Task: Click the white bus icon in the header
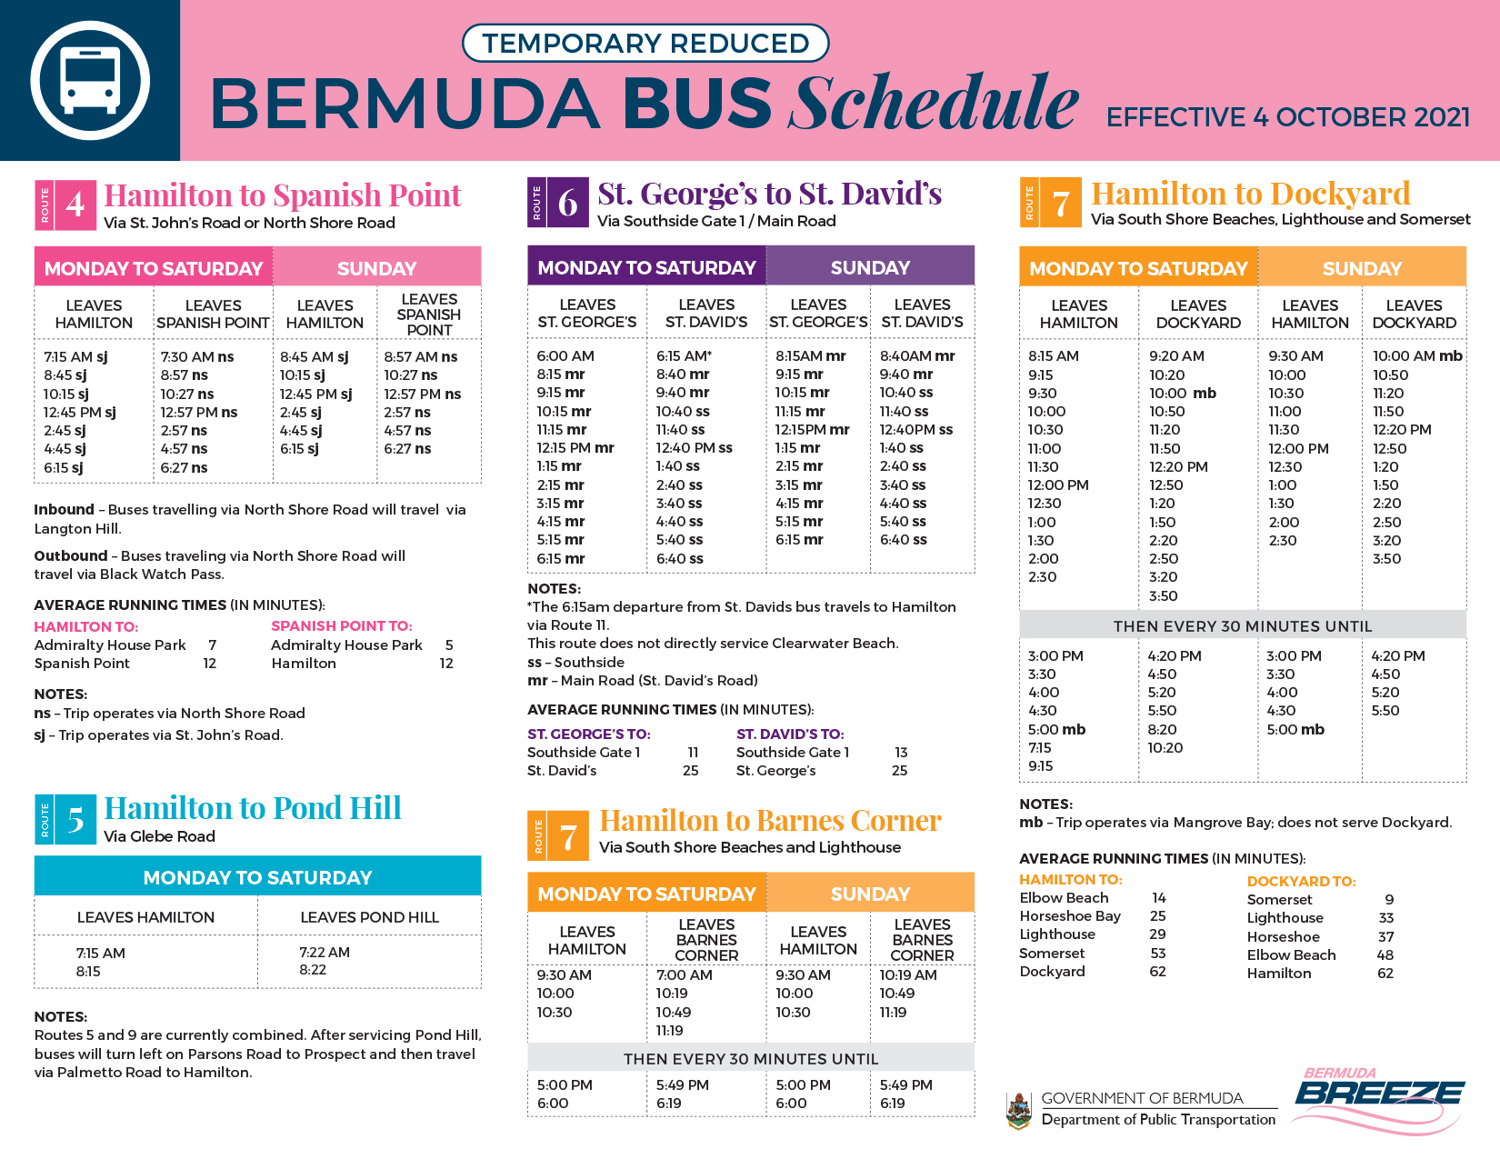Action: click(90, 80)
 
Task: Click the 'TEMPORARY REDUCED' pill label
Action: click(645, 43)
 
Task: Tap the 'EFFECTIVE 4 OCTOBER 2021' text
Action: click(1287, 117)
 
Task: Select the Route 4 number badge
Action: click(75, 205)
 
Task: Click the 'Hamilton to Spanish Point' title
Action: click(283, 195)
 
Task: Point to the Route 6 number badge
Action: click(567, 203)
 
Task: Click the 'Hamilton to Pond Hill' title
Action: click(253, 808)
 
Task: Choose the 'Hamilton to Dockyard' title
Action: click(1250, 193)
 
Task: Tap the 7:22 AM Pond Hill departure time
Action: click(325, 952)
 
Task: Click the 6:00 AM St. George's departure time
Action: click(565, 355)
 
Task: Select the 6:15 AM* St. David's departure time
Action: click(684, 355)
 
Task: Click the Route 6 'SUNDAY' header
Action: click(870, 267)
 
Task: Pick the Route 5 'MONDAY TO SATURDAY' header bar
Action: click(257, 877)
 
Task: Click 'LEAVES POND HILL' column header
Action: click(369, 917)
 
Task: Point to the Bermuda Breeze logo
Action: click(1379, 1098)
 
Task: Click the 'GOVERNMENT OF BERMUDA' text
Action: click(1142, 1098)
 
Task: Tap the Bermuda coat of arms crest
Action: click(1019, 1110)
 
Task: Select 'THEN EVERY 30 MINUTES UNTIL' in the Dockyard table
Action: click(1243, 626)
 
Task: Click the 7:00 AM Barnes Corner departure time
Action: click(685, 974)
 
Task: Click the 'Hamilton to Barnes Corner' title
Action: click(770, 821)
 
